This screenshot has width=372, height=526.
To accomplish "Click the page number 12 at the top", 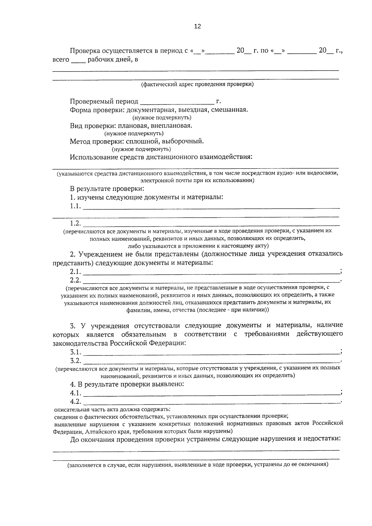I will pos(197,26).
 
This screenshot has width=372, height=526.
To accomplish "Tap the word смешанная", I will pos(229,110).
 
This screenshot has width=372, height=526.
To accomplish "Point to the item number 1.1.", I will pos(75,206).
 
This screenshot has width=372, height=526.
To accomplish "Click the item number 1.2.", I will pos(75,223).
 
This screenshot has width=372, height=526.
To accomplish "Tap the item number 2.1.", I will pos(75,272).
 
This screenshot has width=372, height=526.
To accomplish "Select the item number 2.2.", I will pos(75,280).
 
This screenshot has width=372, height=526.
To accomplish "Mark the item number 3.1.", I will pos(75,352).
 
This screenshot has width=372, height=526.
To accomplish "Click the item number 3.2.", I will pos(75,361).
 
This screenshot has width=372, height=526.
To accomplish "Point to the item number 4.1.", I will pos(75,393).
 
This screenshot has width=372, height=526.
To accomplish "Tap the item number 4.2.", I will pos(75,402).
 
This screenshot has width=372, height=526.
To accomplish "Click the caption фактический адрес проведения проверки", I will pos(197,84).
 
